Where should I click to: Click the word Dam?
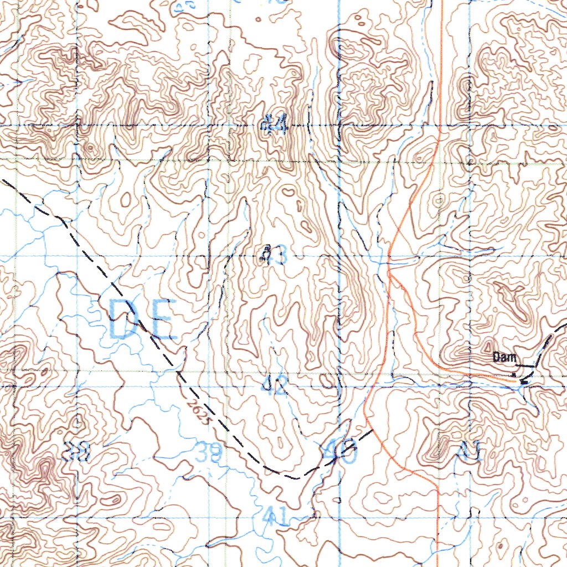(504, 358)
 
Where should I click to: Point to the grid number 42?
(275, 385)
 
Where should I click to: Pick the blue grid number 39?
(209, 453)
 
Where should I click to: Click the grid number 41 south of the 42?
(275, 517)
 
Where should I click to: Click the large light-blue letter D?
(127, 319)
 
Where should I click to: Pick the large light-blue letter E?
(162, 320)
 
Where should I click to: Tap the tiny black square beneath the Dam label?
(514, 375)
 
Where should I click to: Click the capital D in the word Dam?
(497, 358)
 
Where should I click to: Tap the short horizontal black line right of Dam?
(525, 366)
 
